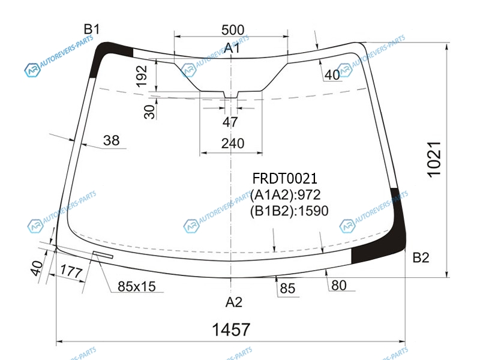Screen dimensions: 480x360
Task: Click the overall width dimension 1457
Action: tap(231, 329)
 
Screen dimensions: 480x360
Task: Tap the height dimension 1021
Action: tap(434, 159)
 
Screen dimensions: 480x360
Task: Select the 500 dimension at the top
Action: tap(233, 30)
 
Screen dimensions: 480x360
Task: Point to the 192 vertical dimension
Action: tap(142, 76)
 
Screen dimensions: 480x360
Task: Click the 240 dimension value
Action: tap(233, 143)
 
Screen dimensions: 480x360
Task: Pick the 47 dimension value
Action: tap(230, 122)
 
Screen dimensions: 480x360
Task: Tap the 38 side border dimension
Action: tap(111, 140)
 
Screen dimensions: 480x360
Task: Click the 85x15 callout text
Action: tap(137, 287)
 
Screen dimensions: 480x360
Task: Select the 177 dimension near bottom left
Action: tap(71, 272)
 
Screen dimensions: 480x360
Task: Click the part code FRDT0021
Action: tap(284, 178)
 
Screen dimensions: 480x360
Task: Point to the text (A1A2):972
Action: tap(286, 194)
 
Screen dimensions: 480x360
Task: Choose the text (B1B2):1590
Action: tap(289, 211)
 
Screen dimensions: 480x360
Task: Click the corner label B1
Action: tap(92, 29)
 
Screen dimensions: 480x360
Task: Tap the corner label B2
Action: tap(421, 257)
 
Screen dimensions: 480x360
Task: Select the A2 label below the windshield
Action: tap(233, 302)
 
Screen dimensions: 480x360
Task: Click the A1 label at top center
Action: tap(232, 48)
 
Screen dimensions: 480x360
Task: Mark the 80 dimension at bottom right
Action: tap(339, 286)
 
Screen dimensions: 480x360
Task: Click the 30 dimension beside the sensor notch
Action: tap(149, 112)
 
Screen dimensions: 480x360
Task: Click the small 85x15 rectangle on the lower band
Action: tap(103, 254)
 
